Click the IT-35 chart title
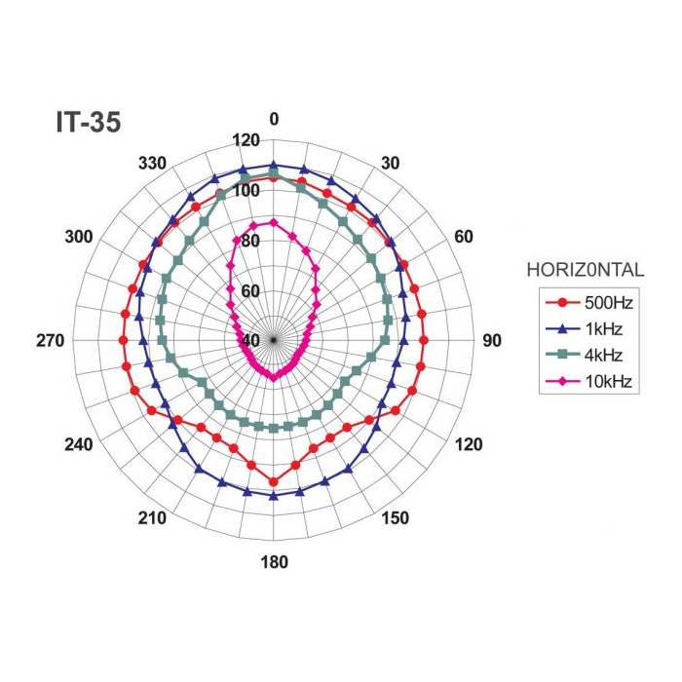pos(87,124)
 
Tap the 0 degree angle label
pos(274,119)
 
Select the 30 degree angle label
pos(390,163)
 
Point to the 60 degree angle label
pos(464,237)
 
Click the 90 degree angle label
pos(492,340)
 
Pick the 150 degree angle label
pos(395,518)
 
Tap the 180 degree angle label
pos(274,562)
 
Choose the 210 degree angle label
pos(152,518)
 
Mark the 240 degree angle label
pos(78,445)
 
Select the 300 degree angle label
pos(78,237)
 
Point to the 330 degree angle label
pos(154,163)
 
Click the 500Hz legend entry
pos(582,304)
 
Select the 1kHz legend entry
pos(582,329)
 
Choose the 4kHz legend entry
pos(582,355)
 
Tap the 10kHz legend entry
pos(582,380)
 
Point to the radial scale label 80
pos(251,241)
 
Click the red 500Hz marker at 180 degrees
pos(273,482)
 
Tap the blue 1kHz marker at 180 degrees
pos(273,496)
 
